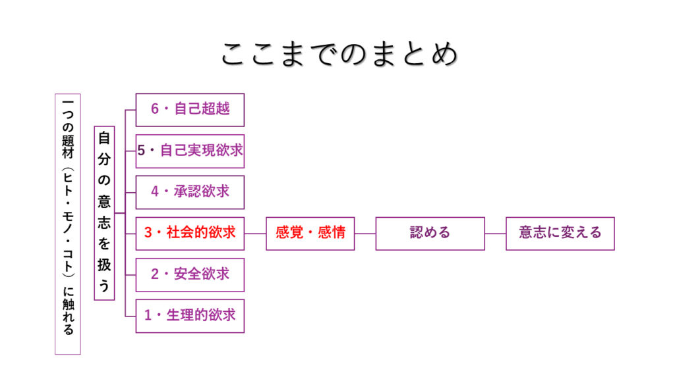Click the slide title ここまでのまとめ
tap(337, 54)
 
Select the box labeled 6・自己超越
tap(190, 109)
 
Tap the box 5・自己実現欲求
tap(190, 151)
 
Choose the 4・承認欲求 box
tap(190, 191)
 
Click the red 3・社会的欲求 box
tap(190, 233)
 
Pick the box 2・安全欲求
tap(190, 274)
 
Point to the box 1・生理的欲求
tap(190, 315)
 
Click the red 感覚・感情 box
tap(310, 233)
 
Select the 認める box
tap(430, 233)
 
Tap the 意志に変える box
tap(560, 233)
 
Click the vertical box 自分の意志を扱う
tap(104, 213)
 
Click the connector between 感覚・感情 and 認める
tap(365, 233)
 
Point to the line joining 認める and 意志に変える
tap(495, 233)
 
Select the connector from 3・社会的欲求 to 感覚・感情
tap(255, 233)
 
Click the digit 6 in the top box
tap(155, 109)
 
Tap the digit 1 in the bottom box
tap(148, 315)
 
